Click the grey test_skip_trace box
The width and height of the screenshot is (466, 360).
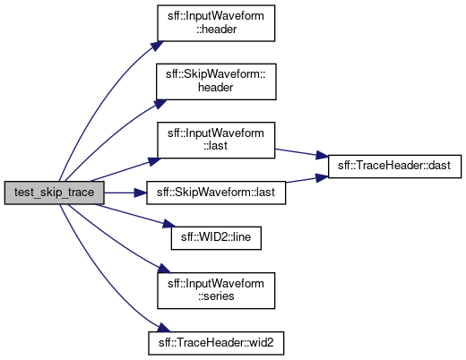(54, 193)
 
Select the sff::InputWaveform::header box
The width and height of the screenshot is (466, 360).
(216, 23)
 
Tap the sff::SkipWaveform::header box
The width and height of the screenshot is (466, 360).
(216, 81)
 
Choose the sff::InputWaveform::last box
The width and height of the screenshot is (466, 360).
(216, 140)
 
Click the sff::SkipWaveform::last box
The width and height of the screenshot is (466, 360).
(216, 193)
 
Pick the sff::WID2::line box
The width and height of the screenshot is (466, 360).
(216, 238)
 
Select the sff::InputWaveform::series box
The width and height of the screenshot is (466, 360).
(216, 290)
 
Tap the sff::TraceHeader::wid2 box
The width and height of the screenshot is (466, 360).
(216, 343)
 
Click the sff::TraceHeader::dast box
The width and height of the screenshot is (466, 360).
(394, 167)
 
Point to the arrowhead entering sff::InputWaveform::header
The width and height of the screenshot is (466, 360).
(157, 46)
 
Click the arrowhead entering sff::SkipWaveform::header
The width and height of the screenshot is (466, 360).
(160, 104)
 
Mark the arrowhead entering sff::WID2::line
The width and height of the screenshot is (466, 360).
(168, 225)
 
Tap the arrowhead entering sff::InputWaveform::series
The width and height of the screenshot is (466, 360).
(164, 269)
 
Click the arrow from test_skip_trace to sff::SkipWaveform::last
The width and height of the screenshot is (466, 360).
(125, 193)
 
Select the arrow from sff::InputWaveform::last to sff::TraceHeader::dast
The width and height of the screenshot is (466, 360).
(301, 153)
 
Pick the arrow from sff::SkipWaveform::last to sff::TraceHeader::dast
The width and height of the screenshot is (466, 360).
(306, 179)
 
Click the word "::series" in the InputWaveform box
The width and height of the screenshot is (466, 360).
(216, 296)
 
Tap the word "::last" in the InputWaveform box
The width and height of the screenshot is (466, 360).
(215, 146)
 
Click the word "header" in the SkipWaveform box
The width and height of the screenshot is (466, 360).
(216, 88)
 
